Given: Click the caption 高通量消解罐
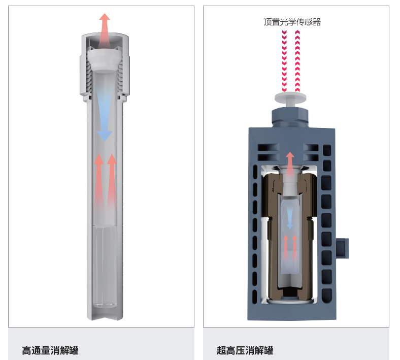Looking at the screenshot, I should (50, 350).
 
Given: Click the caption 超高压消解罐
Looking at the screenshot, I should (245, 350).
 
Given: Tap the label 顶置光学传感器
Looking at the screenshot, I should (292, 22).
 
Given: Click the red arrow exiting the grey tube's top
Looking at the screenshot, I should (105, 30).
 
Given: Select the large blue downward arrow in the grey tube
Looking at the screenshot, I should (104, 119).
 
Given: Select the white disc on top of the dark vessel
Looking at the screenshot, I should (292, 97).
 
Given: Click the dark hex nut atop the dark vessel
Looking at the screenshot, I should (292, 116).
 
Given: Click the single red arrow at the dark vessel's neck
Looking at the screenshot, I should (290, 162).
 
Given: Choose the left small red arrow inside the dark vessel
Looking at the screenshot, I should (286, 246).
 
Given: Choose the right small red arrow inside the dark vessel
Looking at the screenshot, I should (294, 246).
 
